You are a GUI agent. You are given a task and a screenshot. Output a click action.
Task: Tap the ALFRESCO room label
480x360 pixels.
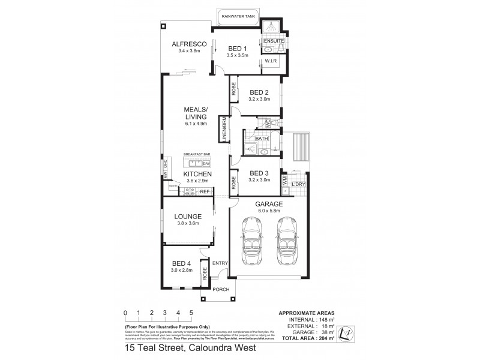point(189,44)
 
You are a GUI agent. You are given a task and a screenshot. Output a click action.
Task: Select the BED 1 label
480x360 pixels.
point(238,48)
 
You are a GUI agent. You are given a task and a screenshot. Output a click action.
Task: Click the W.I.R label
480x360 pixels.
point(271,61)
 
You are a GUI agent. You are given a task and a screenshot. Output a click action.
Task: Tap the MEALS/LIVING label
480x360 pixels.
point(196,113)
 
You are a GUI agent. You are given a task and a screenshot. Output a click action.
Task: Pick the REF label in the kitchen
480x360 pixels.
point(204,191)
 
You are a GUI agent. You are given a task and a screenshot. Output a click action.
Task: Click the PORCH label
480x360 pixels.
point(221,289)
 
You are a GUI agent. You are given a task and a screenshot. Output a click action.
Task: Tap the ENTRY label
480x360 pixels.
point(220,263)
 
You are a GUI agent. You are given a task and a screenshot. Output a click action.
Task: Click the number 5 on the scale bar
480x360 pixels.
point(191,313)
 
